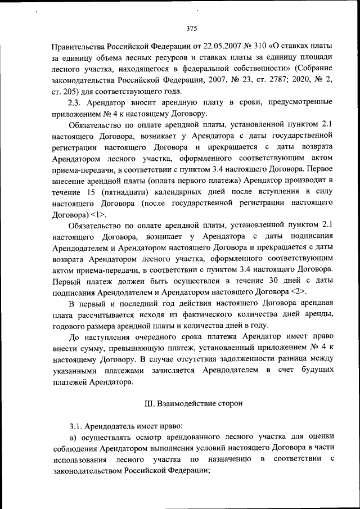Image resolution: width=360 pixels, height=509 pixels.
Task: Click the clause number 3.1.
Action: [x=76, y=427]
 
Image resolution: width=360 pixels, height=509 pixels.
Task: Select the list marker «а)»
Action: [x=73, y=439]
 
